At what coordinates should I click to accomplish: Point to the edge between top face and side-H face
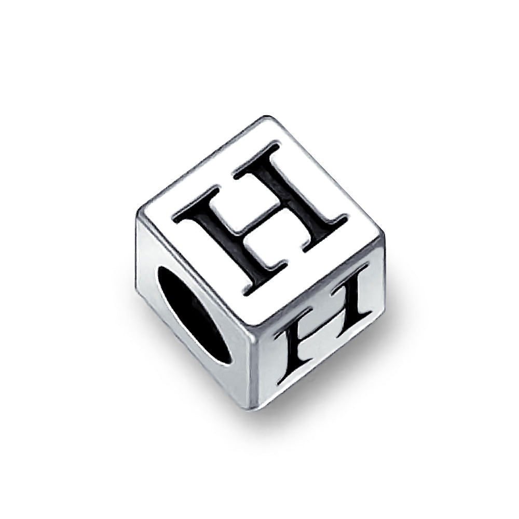click(x=319, y=283)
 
